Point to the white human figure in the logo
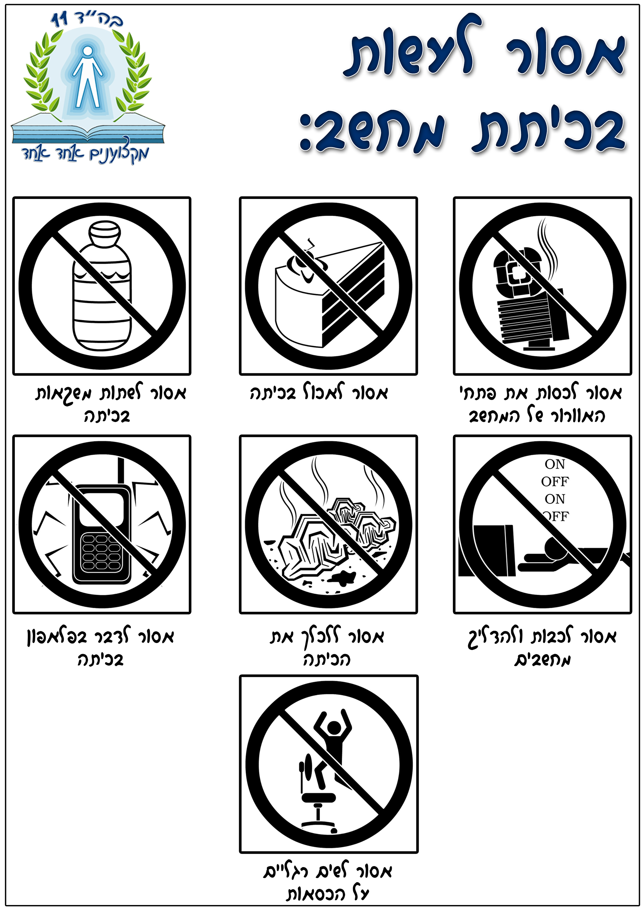click(88, 77)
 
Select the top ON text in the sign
click(555, 464)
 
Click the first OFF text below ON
click(555, 481)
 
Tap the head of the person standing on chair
click(334, 727)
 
